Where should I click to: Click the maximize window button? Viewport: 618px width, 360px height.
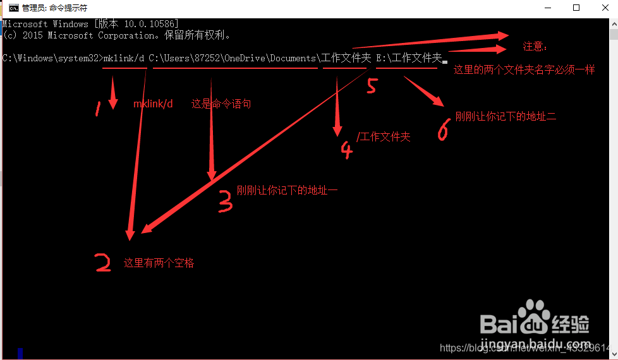point(576,8)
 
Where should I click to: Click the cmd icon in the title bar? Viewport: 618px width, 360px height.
point(13,8)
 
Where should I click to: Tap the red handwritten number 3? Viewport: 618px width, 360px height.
point(225,200)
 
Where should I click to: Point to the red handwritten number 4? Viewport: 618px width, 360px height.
point(346,150)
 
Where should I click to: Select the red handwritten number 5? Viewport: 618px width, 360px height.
point(372,85)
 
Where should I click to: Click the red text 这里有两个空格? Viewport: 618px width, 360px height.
point(159,263)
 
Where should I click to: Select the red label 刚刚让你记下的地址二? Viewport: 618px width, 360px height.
point(506,117)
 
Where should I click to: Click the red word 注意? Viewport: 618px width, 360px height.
point(535,47)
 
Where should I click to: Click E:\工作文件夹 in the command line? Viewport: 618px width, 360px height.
point(408,58)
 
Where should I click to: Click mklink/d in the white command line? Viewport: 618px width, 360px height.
point(124,58)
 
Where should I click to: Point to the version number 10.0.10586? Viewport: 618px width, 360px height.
point(148,24)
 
